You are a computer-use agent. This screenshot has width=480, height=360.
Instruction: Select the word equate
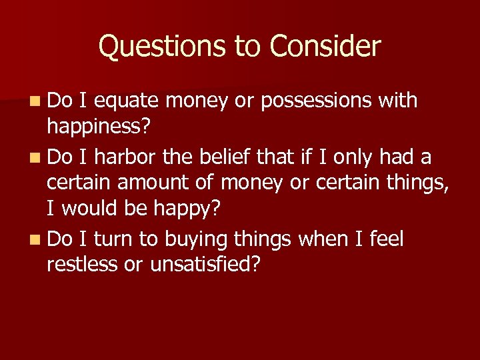pos(127,101)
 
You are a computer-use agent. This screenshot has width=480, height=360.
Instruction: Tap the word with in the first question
pos(397,101)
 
